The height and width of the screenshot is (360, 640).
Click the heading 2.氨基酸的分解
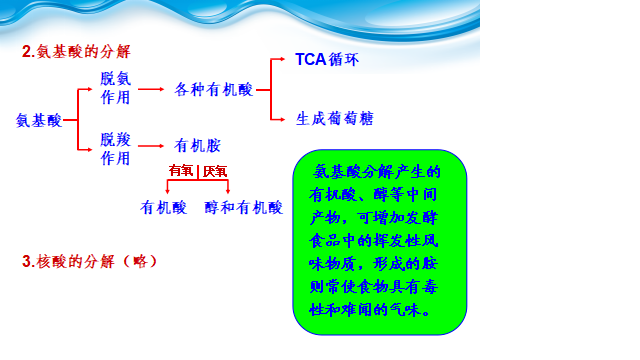(x=76, y=52)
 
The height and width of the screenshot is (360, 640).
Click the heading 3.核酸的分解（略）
(x=89, y=261)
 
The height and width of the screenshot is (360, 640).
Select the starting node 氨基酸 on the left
(x=39, y=120)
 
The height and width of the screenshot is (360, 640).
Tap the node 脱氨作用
(x=116, y=88)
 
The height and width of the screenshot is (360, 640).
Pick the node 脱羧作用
(x=116, y=149)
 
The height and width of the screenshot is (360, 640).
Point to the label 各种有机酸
(x=213, y=89)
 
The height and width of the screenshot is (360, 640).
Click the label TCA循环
(x=327, y=60)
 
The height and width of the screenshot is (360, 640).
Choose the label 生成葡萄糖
(x=335, y=119)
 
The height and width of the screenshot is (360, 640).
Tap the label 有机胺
(x=198, y=146)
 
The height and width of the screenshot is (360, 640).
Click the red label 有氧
(x=181, y=171)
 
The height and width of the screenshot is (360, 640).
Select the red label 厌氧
(x=215, y=171)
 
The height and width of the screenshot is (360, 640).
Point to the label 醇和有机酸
(x=244, y=208)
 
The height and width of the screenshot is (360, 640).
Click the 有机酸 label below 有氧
(x=163, y=208)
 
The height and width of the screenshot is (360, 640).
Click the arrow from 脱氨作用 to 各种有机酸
(x=151, y=89)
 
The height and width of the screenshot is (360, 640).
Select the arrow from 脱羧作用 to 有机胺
(x=151, y=146)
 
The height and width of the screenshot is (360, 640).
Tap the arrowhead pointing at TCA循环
(x=282, y=59)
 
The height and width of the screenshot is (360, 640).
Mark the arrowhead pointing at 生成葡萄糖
(x=282, y=119)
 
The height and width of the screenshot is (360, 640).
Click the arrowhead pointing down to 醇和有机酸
(x=228, y=191)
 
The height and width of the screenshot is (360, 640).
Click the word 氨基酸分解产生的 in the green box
(x=377, y=172)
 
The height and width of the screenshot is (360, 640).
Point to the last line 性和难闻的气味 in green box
(x=365, y=310)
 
